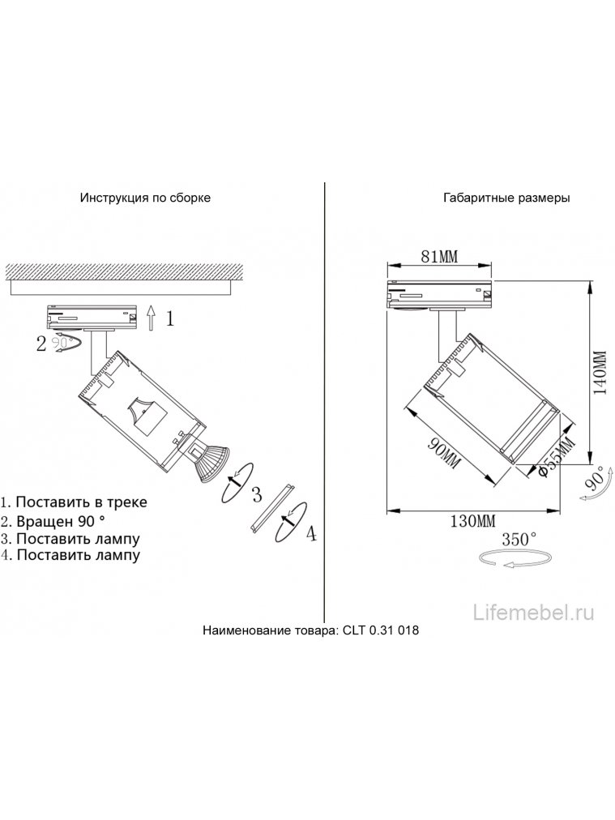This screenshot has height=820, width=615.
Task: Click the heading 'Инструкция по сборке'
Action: [x=145, y=198]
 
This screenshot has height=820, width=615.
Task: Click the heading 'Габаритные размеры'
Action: [x=506, y=198]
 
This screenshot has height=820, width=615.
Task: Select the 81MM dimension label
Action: [x=439, y=258]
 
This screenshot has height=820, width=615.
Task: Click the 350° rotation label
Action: [x=519, y=540]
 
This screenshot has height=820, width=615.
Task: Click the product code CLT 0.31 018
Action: [x=381, y=630]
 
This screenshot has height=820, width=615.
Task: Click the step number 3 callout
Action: [x=256, y=493]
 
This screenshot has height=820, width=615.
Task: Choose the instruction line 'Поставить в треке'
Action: [x=81, y=502]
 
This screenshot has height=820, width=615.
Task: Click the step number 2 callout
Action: [x=41, y=344]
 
